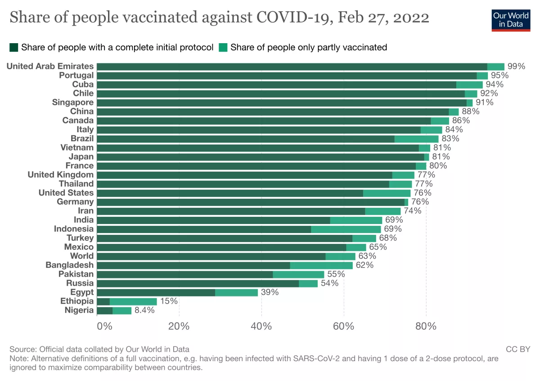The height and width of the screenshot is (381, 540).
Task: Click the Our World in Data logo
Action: coord(510,19)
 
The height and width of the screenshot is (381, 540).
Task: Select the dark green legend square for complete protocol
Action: coord(14,47)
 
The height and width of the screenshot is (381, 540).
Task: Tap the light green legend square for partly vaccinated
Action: coord(223,47)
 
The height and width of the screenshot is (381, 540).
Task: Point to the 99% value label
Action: coord(516,66)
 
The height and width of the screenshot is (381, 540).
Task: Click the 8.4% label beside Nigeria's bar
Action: coord(145,310)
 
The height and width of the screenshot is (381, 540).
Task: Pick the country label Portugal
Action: coord(76,75)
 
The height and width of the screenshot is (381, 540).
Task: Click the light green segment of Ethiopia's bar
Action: coord(133,301)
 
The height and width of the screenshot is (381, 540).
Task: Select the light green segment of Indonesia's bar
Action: coord(346,229)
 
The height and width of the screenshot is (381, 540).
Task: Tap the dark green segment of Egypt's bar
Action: coord(156,292)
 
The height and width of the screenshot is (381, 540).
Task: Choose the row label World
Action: coord(82,256)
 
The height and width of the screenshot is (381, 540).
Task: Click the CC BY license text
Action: coord(518,349)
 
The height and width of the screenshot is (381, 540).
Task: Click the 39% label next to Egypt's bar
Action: coord(270,292)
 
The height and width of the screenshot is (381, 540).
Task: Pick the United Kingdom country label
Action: coord(61,175)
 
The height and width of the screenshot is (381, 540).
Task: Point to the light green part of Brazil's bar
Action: coord(416,139)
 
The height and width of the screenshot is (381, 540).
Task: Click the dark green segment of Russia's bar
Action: coord(198,283)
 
